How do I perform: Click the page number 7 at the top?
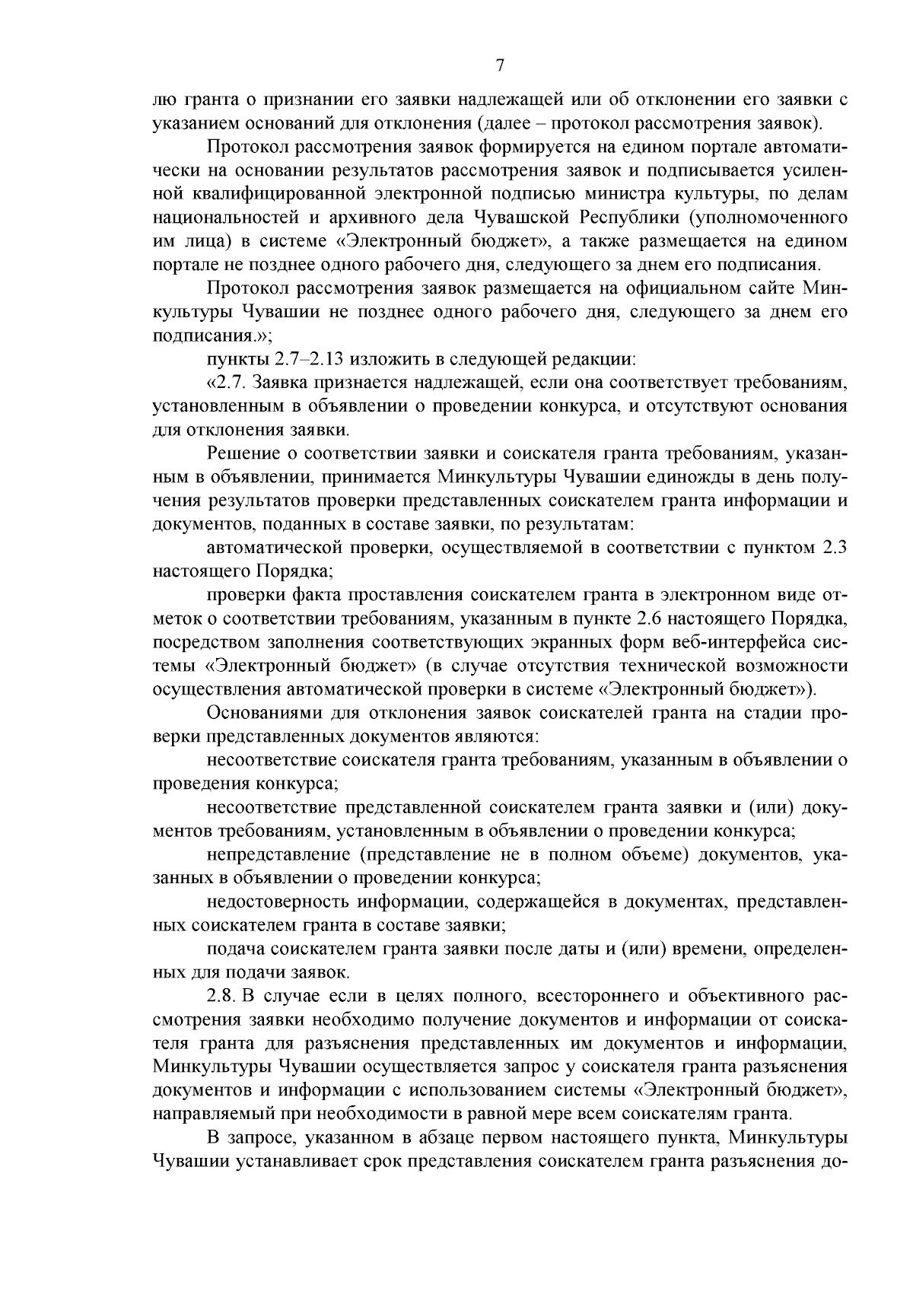500,66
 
